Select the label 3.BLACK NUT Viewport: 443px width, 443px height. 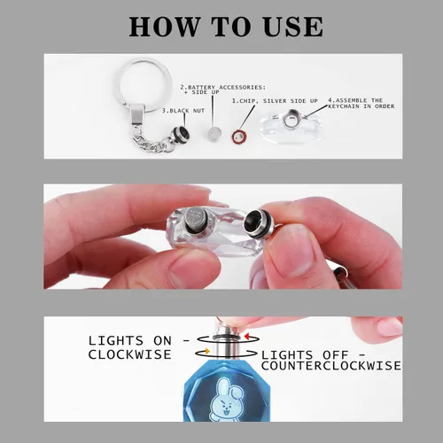click(183, 111)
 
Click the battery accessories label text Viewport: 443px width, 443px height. click(223, 89)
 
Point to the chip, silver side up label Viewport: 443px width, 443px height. click(275, 101)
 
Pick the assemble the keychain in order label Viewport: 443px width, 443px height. click(361, 103)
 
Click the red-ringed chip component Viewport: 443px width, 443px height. click(239, 136)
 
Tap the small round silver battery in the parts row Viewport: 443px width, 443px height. click(214, 133)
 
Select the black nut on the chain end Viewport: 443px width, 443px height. click(181, 135)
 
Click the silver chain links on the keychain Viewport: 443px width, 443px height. click(152, 143)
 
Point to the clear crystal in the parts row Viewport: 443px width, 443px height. click(290, 126)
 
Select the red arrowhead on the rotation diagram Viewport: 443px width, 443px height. click(247, 336)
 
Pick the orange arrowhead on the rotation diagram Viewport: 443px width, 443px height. click(207, 351)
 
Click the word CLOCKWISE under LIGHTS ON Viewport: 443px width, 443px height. click(129, 354)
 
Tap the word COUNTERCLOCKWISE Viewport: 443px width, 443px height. click(331, 366)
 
